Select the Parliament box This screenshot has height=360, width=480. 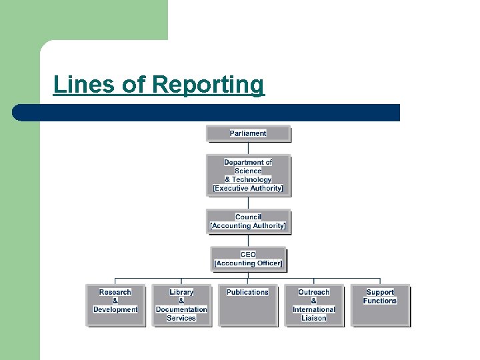coord(248,133)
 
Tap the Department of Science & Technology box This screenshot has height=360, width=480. coord(248,175)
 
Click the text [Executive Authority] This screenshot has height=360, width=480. coord(248,189)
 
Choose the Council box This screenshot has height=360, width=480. coord(248,221)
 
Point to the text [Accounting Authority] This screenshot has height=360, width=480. coord(248,226)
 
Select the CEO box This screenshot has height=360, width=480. coord(248,259)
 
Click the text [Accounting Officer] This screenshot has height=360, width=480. coord(248,263)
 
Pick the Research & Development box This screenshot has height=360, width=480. coord(115,305)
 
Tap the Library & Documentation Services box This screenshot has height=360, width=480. coord(181,305)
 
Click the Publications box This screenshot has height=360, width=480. coord(247,305)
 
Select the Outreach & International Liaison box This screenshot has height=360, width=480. coord(314,305)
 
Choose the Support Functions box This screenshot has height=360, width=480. coord(380,305)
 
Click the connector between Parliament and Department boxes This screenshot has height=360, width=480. coord(248,148)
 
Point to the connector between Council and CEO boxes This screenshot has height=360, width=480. coord(248,240)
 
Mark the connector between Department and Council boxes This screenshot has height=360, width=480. coord(248,203)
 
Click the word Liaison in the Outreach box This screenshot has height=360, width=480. coord(314,318)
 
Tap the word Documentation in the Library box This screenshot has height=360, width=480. coord(181,309)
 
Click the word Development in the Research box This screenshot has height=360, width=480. coord(115,309)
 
